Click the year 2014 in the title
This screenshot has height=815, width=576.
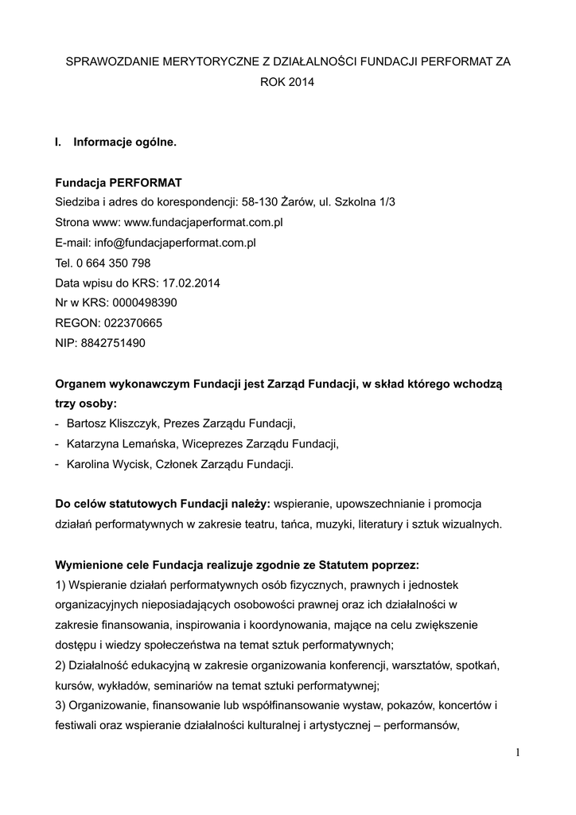300,81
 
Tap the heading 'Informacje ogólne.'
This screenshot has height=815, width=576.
124,142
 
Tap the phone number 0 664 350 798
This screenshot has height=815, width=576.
114,263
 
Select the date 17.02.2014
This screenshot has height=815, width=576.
191,283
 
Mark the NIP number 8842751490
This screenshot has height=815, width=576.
114,343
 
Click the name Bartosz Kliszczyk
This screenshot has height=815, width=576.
111,423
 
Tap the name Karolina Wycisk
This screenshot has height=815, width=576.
106,463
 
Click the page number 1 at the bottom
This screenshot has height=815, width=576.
516,754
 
